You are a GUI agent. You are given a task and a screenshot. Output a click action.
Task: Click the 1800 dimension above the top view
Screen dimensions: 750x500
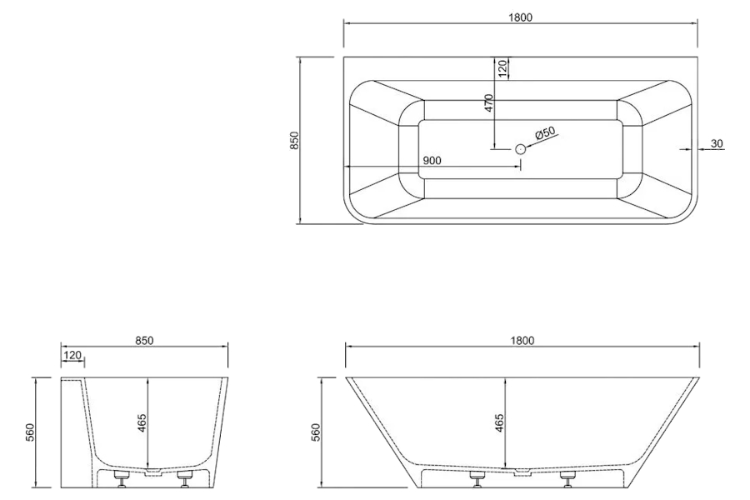(520, 17)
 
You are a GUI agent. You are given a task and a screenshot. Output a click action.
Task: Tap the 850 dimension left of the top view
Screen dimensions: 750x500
(294, 140)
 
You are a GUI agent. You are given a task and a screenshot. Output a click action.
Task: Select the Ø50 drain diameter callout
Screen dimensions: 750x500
(545, 132)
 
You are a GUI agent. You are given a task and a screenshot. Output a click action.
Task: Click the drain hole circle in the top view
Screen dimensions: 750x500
(520, 149)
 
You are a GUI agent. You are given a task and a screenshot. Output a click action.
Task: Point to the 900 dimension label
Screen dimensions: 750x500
(432, 160)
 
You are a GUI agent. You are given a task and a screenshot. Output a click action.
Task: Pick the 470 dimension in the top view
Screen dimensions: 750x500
(488, 102)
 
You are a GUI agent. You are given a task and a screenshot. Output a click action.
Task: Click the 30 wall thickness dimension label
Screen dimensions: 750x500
(717, 143)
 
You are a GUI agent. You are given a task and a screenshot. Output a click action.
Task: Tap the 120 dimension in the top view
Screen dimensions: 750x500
(502, 68)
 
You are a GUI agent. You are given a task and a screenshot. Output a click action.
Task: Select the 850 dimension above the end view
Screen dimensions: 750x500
(144, 340)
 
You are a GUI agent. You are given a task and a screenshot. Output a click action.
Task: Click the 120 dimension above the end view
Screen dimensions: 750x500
(72, 355)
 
